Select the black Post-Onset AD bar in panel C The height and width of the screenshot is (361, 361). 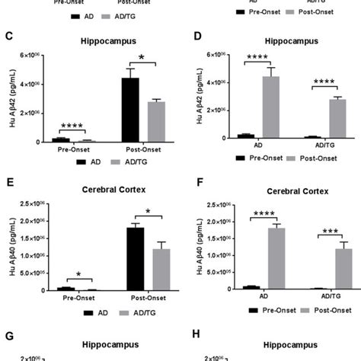[x=130, y=110]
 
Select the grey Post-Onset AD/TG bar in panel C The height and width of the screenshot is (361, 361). [x=155, y=122]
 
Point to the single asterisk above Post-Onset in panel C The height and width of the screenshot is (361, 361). [x=142, y=59]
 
